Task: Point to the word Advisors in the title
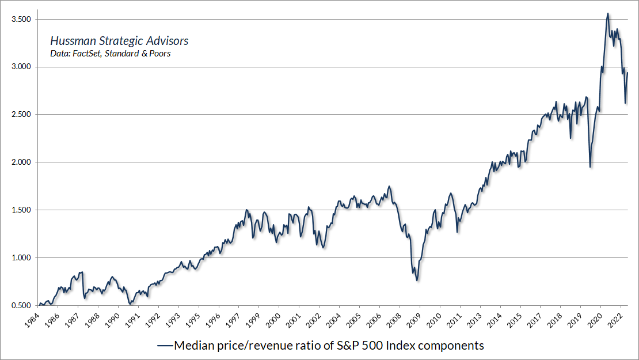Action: [168, 41]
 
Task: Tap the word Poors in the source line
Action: [159, 54]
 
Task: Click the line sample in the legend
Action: [165, 346]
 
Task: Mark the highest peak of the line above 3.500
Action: [608, 13]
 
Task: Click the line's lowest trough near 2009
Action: [417, 281]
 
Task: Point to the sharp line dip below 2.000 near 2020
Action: [590, 167]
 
